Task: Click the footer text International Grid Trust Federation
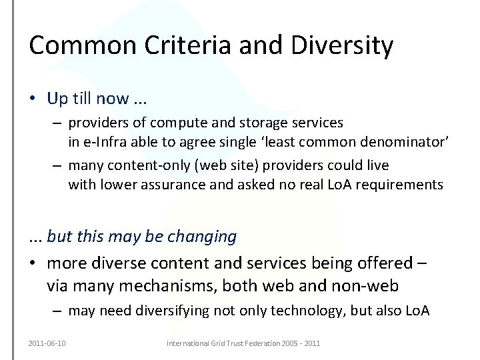[220, 343]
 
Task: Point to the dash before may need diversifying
[58, 311]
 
